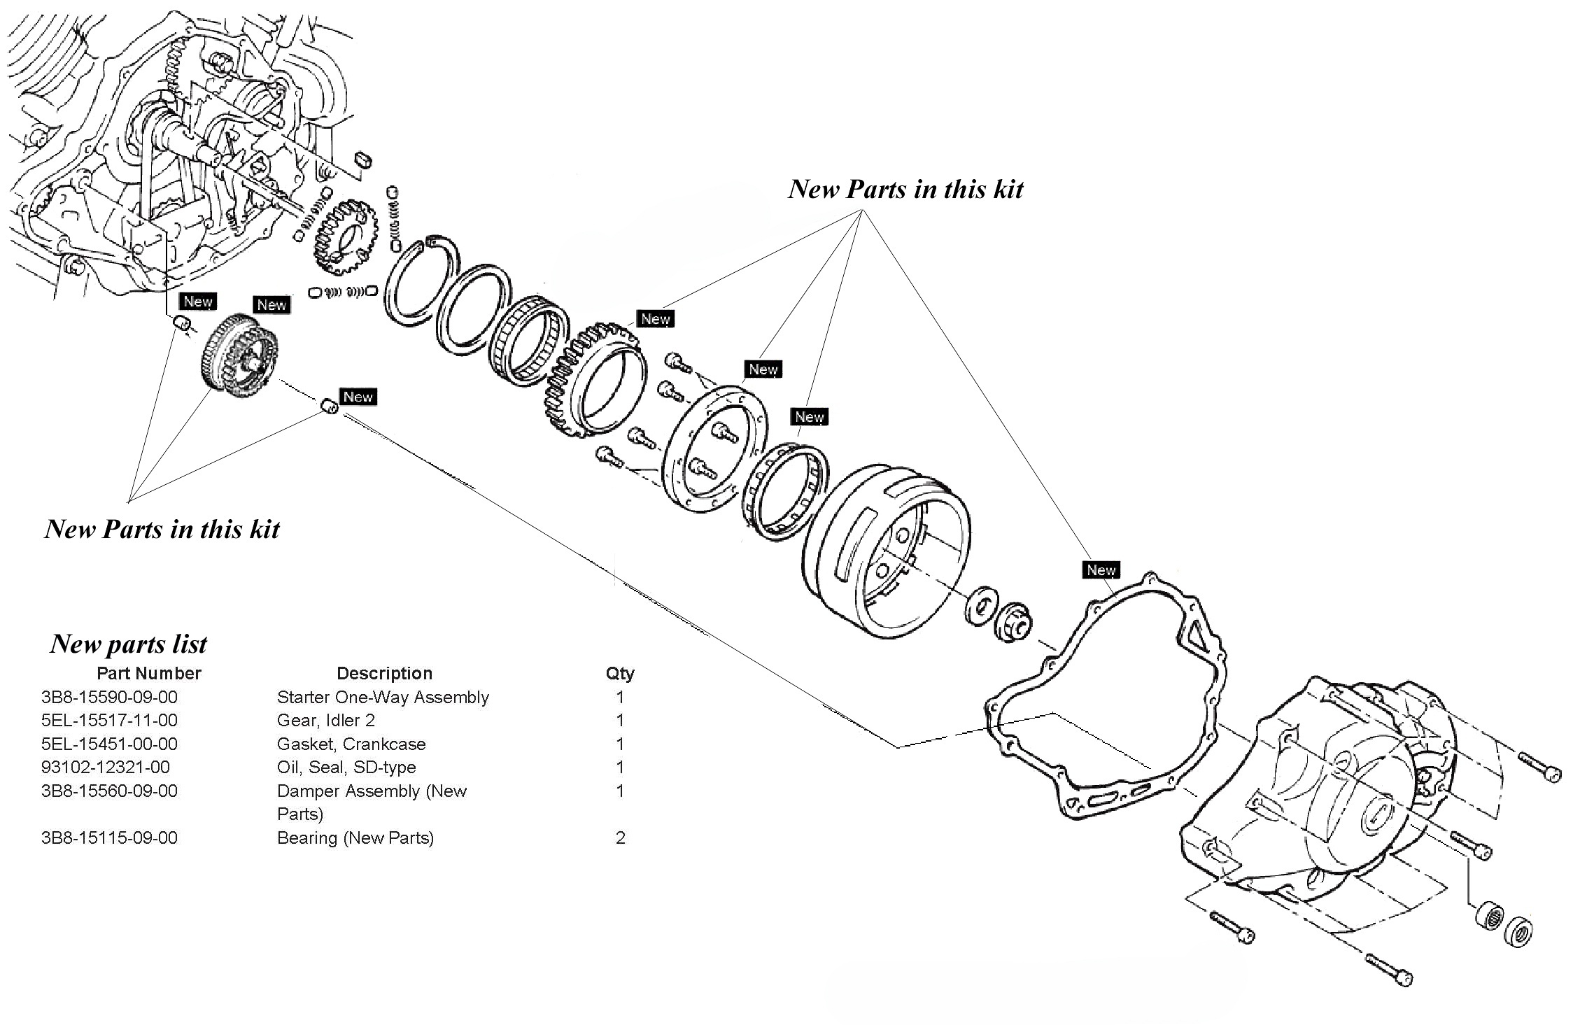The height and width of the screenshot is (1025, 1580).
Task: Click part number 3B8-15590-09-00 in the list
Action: click(109, 697)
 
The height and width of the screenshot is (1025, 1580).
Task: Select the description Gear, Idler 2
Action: click(325, 720)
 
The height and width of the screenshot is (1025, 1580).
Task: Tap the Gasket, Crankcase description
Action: click(351, 744)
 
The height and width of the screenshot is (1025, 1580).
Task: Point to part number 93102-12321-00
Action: click(105, 767)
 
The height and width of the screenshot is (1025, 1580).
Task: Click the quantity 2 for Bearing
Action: click(620, 837)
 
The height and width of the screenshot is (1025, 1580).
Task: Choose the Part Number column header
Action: click(148, 673)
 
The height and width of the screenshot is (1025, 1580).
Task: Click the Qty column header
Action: click(620, 673)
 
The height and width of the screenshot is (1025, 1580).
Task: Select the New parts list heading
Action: click(129, 644)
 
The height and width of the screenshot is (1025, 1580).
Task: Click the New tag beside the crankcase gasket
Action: click(1101, 570)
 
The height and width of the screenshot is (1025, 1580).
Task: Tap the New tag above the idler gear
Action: click(271, 304)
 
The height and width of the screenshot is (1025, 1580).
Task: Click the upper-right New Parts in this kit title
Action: click(905, 189)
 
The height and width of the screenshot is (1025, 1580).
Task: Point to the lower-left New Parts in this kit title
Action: click(162, 529)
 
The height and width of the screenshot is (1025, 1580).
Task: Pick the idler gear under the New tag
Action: click(239, 357)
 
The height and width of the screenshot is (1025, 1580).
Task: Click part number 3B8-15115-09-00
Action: click(109, 837)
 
